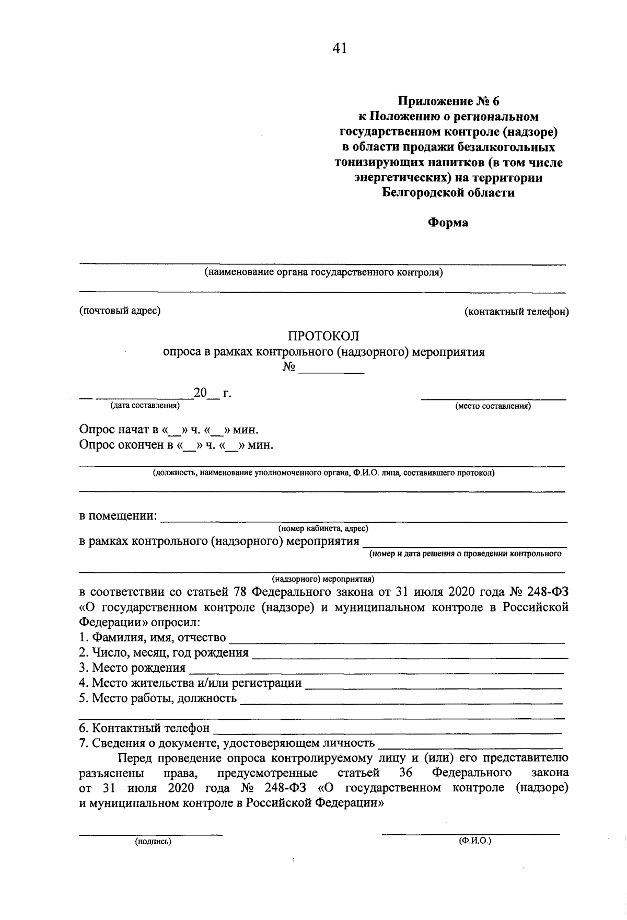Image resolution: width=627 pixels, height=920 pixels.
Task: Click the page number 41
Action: click(339, 49)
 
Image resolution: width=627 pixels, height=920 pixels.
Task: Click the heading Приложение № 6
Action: click(448, 100)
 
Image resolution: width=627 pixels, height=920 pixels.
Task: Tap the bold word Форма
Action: click(448, 223)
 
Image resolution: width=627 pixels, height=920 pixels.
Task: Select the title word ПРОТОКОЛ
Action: click(324, 336)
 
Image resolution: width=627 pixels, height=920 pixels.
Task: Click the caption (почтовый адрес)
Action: click(120, 310)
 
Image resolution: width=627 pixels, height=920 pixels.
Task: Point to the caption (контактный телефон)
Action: click(516, 312)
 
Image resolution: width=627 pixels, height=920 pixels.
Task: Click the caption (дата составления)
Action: click(144, 405)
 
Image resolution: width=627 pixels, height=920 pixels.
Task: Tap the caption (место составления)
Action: click(493, 406)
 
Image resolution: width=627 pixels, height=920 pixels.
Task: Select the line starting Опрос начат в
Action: click(168, 430)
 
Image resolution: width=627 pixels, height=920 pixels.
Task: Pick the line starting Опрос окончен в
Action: click(176, 445)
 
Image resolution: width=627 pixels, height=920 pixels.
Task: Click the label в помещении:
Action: click(118, 516)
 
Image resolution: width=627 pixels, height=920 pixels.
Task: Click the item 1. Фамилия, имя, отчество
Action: click(153, 637)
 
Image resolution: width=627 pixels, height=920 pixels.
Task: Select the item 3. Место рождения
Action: click(132, 668)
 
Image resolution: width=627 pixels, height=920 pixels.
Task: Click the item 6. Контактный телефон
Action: click(144, 728)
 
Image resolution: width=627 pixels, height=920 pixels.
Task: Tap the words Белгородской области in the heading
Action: click(448, 192)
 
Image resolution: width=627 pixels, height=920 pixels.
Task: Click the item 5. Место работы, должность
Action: click(158, 698)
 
